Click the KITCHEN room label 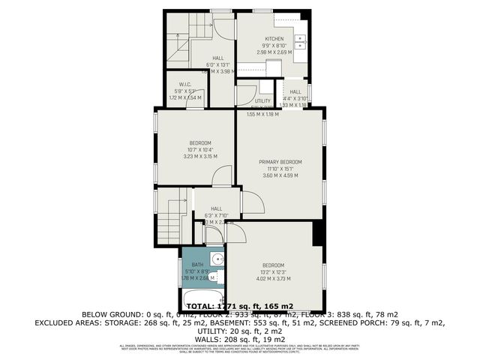tap(274, 38)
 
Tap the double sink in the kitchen tap(301, 42)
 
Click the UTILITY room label tap(262, 100)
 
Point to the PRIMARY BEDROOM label tap(280, 161)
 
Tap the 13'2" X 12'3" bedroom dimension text tap(273, 271)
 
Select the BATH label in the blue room tap(197, 265)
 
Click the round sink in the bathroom tap(216, 260)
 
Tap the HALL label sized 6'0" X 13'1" tap(217, 58)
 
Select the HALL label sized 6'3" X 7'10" tap(216, 209)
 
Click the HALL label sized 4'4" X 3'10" tap(295, 91)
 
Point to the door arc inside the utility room tap(246, 96)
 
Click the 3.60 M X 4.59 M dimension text tap(280, 175)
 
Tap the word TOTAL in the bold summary tap(202, 306)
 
